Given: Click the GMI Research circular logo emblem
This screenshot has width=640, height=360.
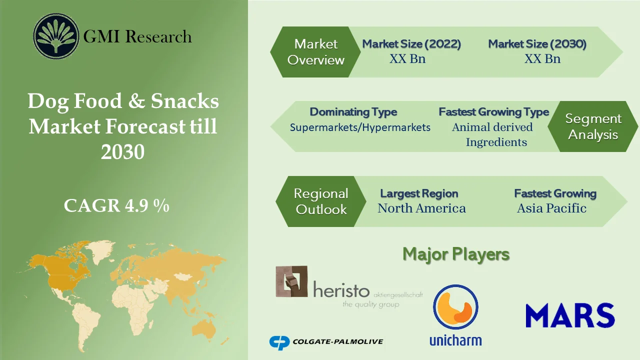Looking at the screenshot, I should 56,36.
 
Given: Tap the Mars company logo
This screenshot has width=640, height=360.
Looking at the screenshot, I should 570,315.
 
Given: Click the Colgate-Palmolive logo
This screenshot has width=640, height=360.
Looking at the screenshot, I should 326,342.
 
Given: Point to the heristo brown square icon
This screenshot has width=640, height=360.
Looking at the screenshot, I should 291,281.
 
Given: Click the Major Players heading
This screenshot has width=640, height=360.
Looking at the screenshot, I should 456,254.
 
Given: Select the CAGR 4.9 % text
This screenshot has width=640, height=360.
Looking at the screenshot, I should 116,205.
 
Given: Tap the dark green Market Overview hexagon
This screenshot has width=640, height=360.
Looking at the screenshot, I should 316,52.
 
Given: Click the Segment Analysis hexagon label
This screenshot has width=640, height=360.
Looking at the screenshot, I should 593,126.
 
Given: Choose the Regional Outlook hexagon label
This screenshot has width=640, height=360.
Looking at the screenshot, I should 320,201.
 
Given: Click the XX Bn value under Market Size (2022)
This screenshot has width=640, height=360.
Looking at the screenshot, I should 407,59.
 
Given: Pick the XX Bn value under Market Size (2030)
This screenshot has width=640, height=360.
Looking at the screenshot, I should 542,59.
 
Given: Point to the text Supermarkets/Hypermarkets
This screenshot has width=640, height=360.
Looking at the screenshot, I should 360,127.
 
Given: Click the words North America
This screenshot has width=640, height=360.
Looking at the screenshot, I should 421,208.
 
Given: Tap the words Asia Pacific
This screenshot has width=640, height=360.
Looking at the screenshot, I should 551,208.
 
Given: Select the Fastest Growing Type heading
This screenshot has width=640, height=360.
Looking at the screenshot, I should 493,112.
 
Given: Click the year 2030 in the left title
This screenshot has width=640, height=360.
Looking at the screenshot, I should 122,152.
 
